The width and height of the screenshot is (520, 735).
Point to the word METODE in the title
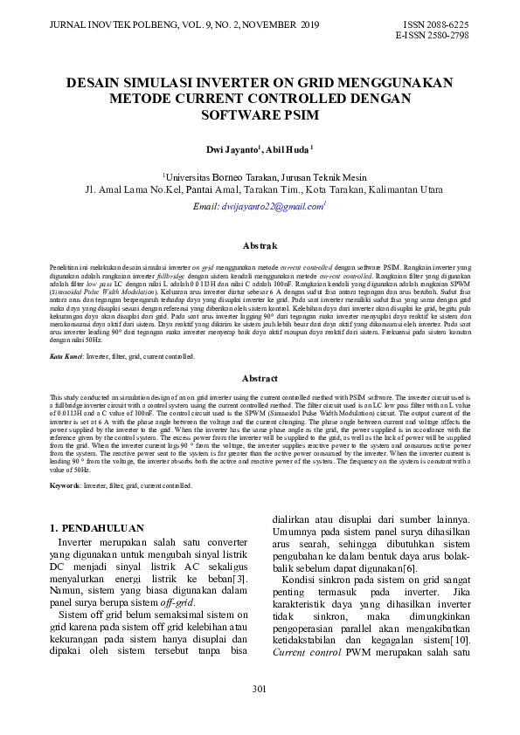tap(144, 99)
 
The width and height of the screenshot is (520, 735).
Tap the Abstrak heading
tap(260, 247)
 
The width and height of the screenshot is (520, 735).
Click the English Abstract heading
tap(260, 378)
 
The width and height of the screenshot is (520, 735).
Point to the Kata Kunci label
tap(65, 357)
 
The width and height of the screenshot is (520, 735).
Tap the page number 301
tap(260, 690)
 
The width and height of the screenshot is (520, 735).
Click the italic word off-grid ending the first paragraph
tap(178, 602)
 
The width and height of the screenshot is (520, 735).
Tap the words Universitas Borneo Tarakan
tap(216, 175)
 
